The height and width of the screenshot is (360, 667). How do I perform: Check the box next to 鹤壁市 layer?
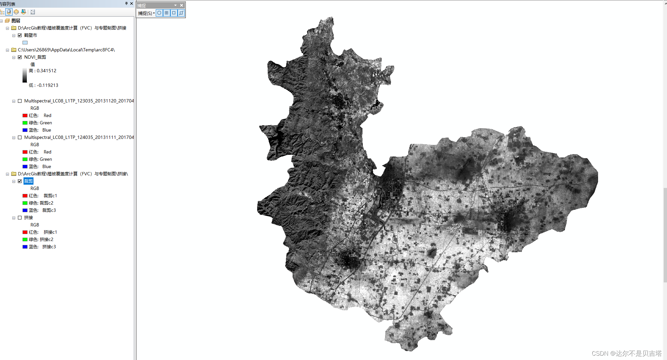pos(20,35)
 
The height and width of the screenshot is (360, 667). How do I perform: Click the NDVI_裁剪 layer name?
pos(35,57)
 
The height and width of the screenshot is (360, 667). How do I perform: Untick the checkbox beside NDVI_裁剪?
pos(20,57)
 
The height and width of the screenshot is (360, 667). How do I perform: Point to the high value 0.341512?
pos(43,71)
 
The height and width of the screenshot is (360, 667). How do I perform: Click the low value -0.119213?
pos(43,85)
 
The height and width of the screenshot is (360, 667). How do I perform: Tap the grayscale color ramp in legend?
pos(25,75)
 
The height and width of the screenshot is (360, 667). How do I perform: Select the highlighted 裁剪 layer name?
pos(28,181)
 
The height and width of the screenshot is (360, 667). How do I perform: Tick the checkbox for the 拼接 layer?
pos(20,218)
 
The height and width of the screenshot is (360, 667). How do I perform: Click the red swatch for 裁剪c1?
pos(25,196)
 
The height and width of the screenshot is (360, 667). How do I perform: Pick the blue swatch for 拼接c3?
pos(25,247)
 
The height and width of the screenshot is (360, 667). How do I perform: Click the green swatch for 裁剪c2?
pos(25,203)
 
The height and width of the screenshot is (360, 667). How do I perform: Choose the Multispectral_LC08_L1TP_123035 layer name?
pos(79,101)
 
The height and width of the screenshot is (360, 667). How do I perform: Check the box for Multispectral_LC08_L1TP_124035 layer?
pos(20,138)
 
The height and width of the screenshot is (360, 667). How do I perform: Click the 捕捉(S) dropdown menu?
pos(146,13)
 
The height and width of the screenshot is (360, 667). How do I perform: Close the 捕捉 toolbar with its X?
pos(182,5)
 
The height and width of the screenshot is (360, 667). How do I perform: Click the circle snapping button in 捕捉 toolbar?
pos(159,13)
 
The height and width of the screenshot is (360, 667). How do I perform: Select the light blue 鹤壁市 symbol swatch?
pos(25,43)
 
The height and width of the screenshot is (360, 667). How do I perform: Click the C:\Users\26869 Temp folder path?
pos(66,50)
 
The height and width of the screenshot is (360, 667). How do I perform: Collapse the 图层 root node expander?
pos(2,21)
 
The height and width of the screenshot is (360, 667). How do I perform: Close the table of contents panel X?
pos(132,4)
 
